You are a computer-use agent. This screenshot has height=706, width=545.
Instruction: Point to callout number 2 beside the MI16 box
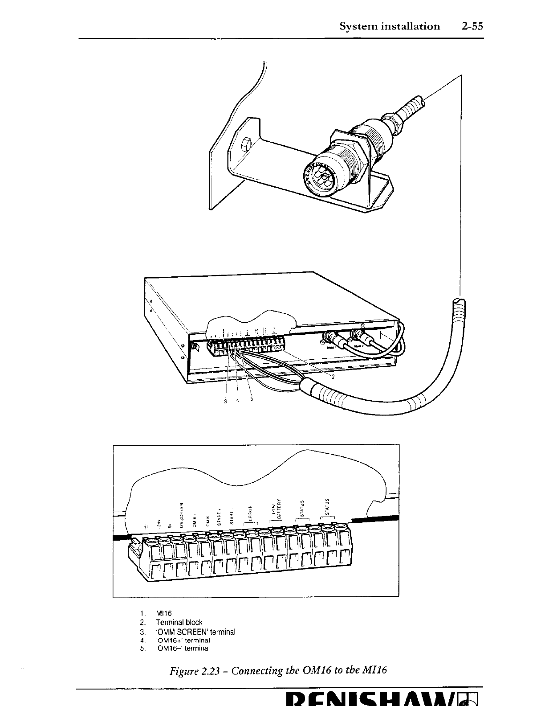(x=332, y=375)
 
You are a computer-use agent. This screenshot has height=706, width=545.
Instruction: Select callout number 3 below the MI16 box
(x=226, y=400)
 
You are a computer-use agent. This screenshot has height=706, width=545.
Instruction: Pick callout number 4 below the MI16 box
(x=238, y=400)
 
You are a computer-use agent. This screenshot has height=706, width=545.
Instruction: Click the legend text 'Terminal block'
(x=179, y=622)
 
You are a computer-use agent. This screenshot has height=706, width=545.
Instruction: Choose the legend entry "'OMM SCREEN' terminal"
(x=195, y=632)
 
